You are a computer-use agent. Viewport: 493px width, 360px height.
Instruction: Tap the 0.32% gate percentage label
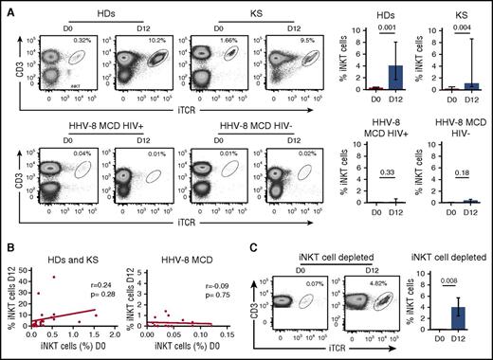point(83,42)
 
